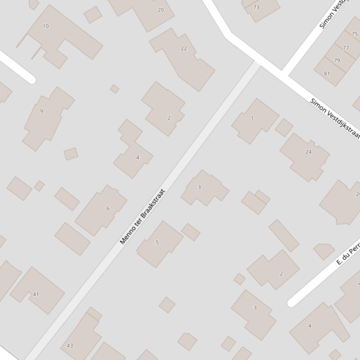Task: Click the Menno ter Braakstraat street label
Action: (143, 216)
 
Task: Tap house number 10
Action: (45, 26)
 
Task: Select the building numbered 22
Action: (184, 48)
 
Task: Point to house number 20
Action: (161, 10)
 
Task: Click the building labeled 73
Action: (256, 7)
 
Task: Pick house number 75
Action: (354, 34)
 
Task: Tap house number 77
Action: (346, 48)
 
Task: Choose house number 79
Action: (337, 60)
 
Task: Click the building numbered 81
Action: (327, 73)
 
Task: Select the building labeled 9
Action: (42, 111)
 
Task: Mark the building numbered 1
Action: (252, 118)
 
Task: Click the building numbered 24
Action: (308, 151)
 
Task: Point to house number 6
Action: (108, 209)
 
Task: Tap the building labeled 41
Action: (36, 294)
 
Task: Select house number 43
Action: (70, 346)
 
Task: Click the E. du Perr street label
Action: (348, 255)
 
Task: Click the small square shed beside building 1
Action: (284, 127)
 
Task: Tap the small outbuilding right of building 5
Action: (191, 232)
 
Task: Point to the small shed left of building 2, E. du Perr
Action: (239, 279)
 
